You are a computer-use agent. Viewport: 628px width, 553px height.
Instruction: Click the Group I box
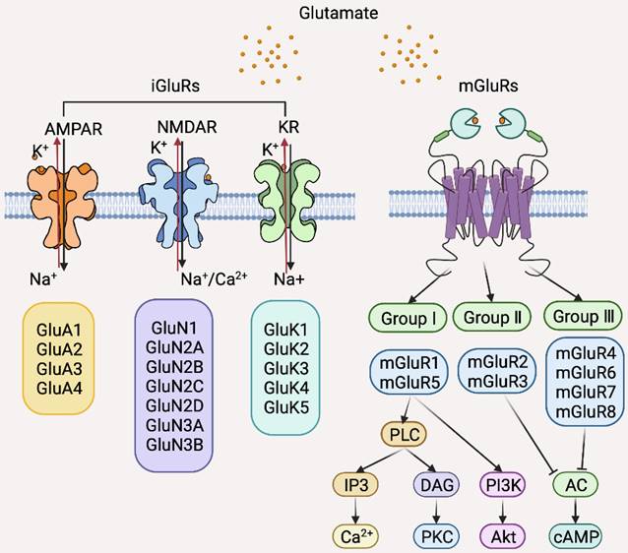(408, 318)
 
